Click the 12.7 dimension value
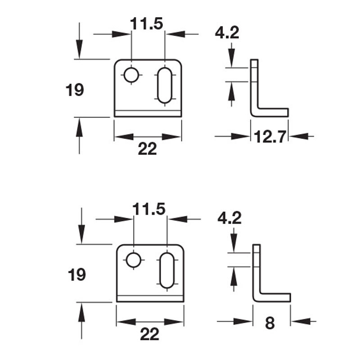pos(270,136)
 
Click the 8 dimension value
pos(270,323)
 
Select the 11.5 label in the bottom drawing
pos(149,209)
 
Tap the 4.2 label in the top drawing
pos(227,33)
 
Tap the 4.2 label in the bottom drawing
pos(229,218)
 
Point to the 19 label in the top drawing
pos(75,90)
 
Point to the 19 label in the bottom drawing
pos(77,274)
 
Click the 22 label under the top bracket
pos(147,149)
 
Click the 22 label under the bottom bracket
pos(149,334)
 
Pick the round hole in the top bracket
pos(131,75)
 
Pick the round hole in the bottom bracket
pos(133,260)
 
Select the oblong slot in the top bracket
pos(165,85)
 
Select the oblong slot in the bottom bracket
pos(167,270)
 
